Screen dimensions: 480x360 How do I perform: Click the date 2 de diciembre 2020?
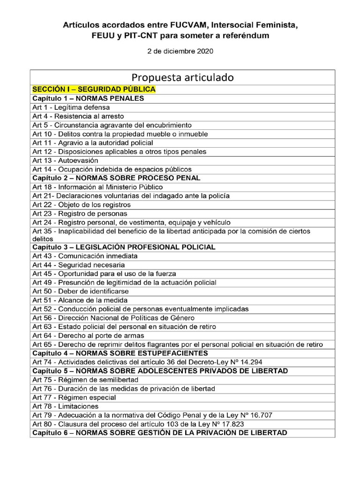(180, 52)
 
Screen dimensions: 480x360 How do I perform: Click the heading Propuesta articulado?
(182, 77)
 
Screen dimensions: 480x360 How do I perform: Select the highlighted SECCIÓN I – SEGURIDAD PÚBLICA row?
(94, 89)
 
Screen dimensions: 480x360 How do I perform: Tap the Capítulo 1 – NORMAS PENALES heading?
(88, 98)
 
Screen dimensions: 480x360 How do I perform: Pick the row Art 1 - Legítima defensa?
(71, 107)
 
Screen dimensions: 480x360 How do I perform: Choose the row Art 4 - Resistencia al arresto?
(78, 116)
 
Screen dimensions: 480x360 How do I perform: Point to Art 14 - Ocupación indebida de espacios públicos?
(112, 169)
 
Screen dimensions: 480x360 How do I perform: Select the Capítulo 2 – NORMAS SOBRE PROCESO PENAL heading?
(116, 178)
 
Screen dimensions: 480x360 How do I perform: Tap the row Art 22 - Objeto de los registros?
(82, 205)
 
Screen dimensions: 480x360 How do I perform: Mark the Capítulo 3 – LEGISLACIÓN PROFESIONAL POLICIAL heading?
(124, 247)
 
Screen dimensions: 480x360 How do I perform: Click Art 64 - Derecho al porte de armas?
(88, 336)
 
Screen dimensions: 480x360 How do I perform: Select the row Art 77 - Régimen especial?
(74, 397)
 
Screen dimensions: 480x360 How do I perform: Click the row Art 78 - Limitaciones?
(66, 406)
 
